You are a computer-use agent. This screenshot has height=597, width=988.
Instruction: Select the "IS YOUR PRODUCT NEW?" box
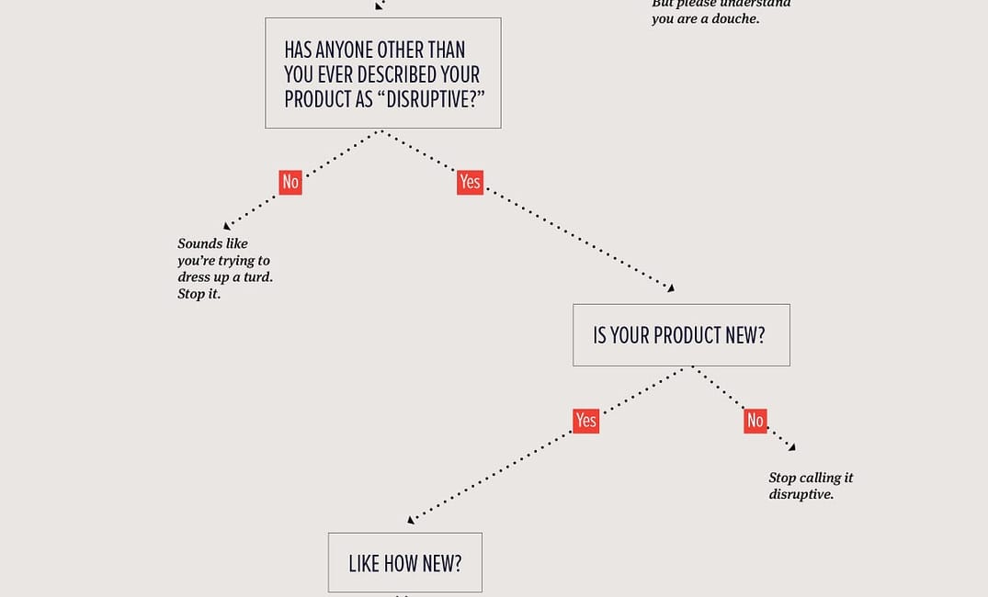pyautogui.click(x=680, y=335)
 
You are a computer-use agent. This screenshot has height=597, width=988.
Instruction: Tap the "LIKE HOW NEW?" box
pyautogui.click(x=404, y=562)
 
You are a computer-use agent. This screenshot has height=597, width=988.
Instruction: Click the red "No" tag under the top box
pyautogui.click(x=290, y=182)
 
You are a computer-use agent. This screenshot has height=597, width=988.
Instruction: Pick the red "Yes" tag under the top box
pyautogui.click(x=470, y=182)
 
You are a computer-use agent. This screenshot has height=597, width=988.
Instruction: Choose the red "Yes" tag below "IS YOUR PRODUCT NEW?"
pyautogui.click(x=585, y=421)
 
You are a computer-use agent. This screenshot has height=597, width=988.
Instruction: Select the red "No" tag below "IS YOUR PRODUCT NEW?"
pyautogui.click(x=755, y=421)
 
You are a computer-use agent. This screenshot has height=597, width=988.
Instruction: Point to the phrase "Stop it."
pyautogui.click(x=199, y=295)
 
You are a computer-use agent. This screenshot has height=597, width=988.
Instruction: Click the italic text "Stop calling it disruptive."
pyautogui.click(x=810, y=486)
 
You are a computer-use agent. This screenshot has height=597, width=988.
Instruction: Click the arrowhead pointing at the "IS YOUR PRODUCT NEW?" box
pyautogui.click(x=671, y=288)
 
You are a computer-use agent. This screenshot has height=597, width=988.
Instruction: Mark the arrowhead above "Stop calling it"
pyautogui.click(x=791, y=447)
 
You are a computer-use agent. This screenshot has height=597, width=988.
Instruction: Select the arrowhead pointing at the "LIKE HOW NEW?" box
pyautogui.click(x=411, y=520)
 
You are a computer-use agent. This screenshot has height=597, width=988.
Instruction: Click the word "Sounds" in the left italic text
pyautogui.click(x=199, y=244)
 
